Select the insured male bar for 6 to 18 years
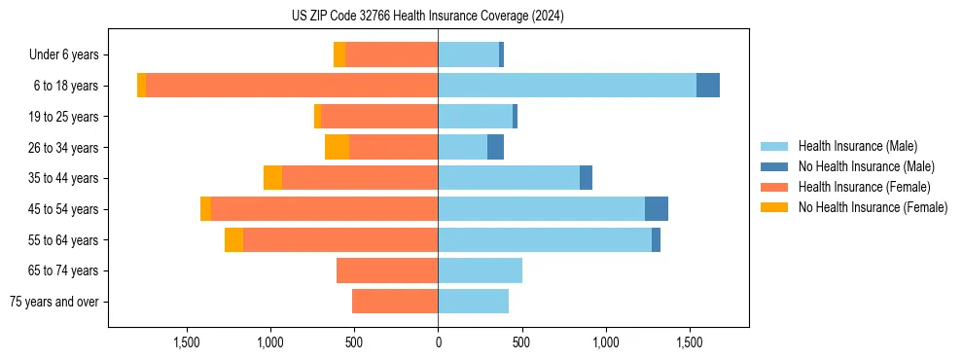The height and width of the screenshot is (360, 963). pos(567,86)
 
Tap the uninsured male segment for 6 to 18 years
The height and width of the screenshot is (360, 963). pos(708,86)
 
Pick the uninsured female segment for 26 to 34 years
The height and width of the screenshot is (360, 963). pos(337,147)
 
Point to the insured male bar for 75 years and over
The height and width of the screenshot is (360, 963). pos(473,302)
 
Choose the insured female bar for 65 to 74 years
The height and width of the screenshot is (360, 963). pos(387,270)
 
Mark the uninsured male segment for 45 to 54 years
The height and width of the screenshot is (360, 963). pos(657,209)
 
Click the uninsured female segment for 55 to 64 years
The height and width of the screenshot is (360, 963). pos(233,239)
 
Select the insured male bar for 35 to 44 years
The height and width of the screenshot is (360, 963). pos(509,178)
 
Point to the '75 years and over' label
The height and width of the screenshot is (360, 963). pos(54,302)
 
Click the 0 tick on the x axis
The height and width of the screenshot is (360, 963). pos(438,342)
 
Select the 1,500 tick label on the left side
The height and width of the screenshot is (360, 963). pos(187,342)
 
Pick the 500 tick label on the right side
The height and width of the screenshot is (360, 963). pos(521,342)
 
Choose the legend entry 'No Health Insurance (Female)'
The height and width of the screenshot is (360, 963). pos(873,207)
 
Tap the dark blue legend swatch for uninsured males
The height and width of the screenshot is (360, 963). pos(774,166)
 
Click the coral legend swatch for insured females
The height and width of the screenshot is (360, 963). pos(774,187)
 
